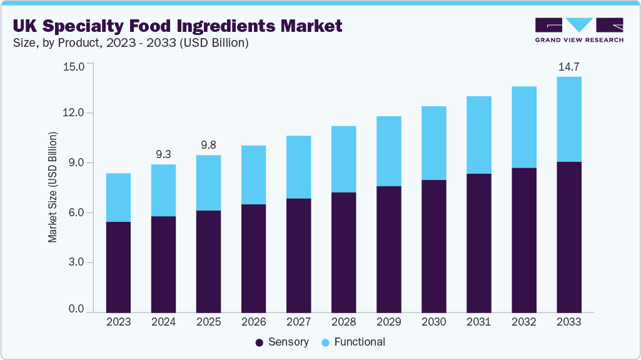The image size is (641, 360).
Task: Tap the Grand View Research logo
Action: coord(578,29)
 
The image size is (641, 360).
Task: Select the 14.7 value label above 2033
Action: coord(568,67)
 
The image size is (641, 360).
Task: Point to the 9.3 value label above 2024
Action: coord(163,154)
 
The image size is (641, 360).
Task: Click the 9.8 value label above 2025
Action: coord(208,144)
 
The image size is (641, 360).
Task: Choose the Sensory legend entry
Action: coord(282,342)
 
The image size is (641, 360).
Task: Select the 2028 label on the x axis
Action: coord(343,322)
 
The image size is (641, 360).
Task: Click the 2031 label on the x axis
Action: coord(478,322)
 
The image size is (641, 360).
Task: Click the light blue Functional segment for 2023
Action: coord(118,197)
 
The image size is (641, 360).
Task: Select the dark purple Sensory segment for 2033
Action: coord(568,237)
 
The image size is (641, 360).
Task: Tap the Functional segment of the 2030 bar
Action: coord(433,143)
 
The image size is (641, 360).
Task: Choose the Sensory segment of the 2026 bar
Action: coord(253,258)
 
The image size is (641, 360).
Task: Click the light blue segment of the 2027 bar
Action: coord(298,167)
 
